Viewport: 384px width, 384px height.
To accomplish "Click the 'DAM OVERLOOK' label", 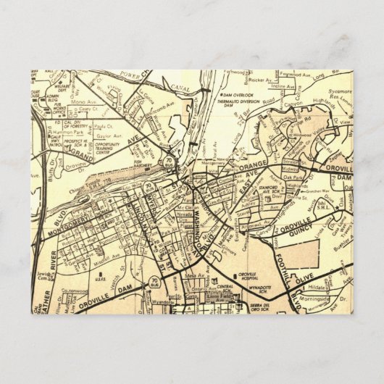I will point(235,96).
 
